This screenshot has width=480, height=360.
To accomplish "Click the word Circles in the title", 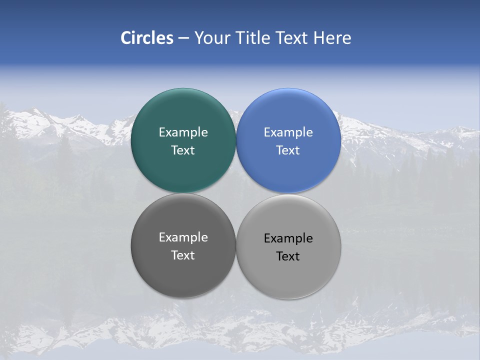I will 146,38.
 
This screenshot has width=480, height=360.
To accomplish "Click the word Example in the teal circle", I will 183,132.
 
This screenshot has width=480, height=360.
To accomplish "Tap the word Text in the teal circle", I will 183,150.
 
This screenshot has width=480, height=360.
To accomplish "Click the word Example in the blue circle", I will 288,132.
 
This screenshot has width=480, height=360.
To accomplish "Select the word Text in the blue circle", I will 288,150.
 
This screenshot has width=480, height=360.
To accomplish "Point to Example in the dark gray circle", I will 183,237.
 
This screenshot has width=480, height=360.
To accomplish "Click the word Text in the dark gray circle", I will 183,255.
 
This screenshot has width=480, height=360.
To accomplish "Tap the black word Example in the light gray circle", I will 288,238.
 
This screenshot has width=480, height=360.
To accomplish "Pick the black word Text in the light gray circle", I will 288,256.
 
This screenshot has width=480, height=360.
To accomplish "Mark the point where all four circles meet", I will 236,193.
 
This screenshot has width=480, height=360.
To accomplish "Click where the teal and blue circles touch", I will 236,140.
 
